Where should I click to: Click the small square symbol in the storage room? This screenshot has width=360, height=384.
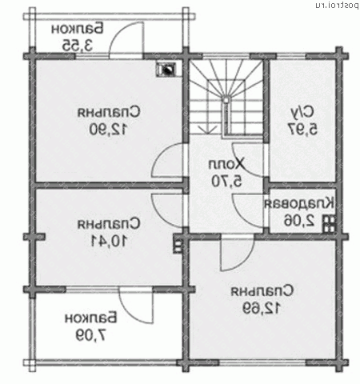[328, 223]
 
